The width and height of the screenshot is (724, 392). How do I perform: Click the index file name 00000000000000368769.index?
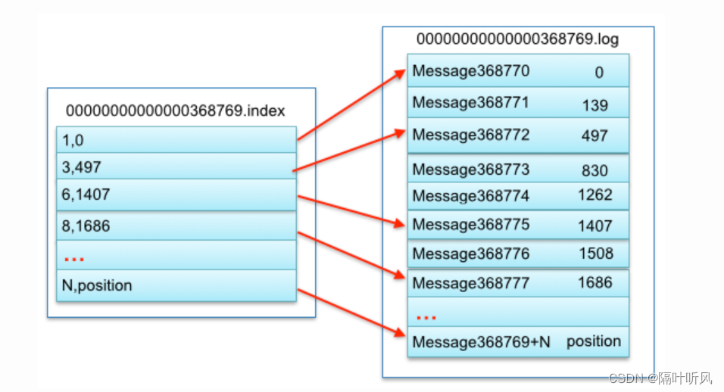175,110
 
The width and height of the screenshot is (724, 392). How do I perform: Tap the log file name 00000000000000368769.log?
518,39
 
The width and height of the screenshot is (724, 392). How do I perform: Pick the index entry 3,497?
82,166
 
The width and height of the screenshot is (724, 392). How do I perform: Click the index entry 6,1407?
86,194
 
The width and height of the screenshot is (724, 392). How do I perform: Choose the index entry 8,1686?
86,225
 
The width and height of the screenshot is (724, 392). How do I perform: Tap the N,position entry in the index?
97,285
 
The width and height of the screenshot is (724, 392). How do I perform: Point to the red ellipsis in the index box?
73,259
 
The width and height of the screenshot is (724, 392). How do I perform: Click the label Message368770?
470,72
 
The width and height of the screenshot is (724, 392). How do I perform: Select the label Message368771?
470,102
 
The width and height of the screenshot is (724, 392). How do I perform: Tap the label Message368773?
470,169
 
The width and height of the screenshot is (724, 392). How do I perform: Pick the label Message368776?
470,253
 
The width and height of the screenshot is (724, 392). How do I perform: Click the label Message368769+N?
481,341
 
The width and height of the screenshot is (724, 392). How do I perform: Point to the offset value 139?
594,105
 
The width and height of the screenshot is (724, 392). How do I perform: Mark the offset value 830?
594,170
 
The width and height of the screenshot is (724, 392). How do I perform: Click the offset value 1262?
594,195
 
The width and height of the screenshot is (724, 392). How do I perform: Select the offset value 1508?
594,253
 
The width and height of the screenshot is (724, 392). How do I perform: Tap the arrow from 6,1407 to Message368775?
351,210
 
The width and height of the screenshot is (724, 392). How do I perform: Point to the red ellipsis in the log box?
426,314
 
